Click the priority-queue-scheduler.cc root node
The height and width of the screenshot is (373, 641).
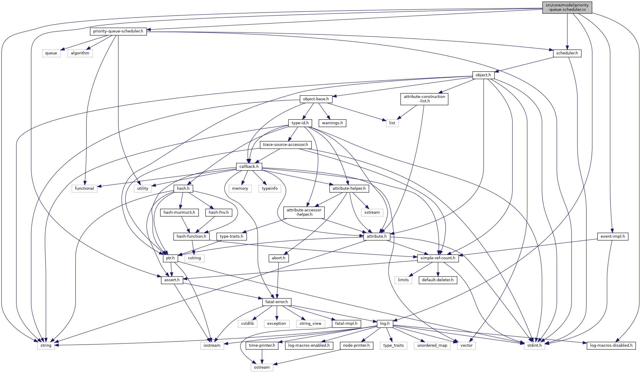tap(567, 7)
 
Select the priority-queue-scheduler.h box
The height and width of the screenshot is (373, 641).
tap(118, 31)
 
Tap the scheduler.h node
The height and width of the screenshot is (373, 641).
tap(567, 53)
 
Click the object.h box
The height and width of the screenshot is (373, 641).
tap(483, 75)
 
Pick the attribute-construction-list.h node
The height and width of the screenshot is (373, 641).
tap(424, 99)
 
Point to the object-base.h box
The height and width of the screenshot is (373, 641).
tap(316, 99)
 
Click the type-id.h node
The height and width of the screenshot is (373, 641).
tap(300, 123)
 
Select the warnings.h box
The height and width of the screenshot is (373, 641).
tap(332, 123)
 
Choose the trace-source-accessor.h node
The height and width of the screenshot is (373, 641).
tap(285, 145)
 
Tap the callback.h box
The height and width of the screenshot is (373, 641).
tap(249, 167)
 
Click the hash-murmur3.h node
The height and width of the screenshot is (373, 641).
tap(179, 213)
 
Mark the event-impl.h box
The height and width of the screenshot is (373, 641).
tap(612, 236)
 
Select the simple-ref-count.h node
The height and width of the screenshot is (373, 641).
tap(437, 258)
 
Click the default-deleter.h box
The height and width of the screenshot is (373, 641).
tap(437, 280)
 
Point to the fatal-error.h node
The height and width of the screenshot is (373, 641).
tap(276, 302)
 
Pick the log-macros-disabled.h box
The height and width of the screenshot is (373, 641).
tap(611, 346)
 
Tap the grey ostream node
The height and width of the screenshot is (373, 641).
tap(262, 367)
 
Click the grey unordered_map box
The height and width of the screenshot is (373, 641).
tap(432, 346)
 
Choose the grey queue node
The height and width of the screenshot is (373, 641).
tap(51, 53)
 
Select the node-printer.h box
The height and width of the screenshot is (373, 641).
tap(356, 346)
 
